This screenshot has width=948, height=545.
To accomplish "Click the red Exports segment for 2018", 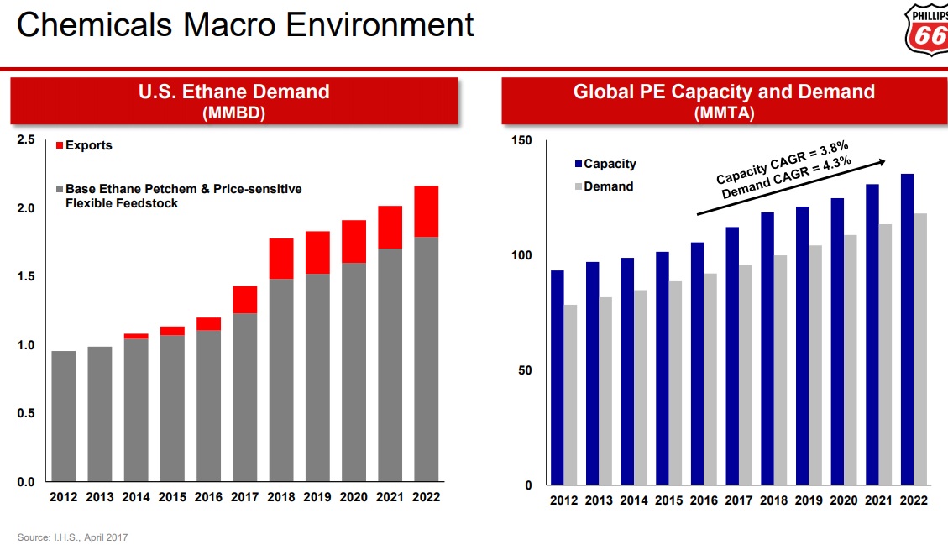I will pos(281,259).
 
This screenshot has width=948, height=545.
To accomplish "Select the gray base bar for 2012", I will pos(64,416).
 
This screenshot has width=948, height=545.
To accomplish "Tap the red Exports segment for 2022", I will pos(426,212).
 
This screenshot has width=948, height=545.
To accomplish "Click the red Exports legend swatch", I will pos(59,146).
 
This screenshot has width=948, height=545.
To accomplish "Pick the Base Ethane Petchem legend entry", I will pos(182,196).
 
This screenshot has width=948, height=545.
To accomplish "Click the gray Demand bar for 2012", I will pos(570,395).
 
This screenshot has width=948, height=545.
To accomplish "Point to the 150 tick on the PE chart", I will pos(522,140).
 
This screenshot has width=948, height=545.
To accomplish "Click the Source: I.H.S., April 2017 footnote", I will pos(73,537).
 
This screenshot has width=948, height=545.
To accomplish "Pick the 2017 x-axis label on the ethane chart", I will pos(244,497).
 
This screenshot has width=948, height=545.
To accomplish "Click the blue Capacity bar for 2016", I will pos(697,364).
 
